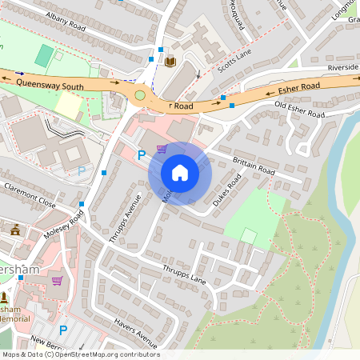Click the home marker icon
(180, 173)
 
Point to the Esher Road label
(300, 86)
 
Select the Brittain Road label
(254, 166)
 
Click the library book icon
(170, 61)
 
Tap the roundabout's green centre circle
(141, 94)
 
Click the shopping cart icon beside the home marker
(162, 148)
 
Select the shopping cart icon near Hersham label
(57, 281)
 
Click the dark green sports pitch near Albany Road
(45, 56)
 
